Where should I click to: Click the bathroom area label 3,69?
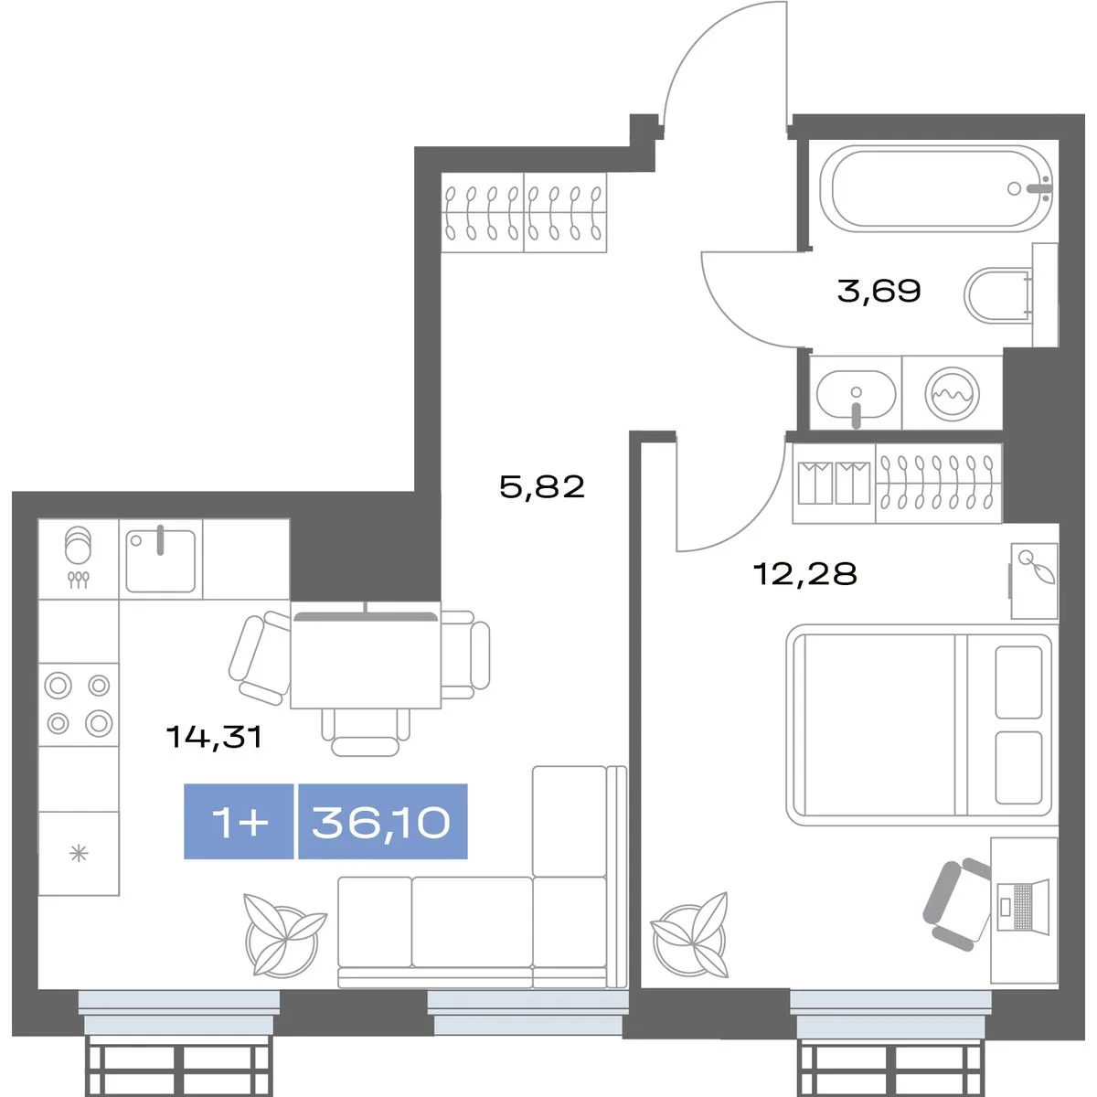coord(879,291)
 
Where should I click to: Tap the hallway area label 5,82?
coord(542,486)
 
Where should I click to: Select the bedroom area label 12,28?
coord(804,573)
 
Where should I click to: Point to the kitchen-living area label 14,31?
coord(214,737)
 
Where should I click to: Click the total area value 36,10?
coord(381,822)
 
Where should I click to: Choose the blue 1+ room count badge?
coord(239,822)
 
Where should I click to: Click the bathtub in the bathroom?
coord(936,188)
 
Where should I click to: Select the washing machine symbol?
coord(952,394)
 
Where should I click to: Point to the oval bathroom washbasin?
coord(856,394)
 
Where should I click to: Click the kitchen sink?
coord(161,560)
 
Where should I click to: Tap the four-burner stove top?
coord(79,704)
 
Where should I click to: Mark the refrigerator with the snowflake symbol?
coord(79,853)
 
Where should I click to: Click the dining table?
coord(366,655)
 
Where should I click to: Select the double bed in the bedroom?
coord(920,725)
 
